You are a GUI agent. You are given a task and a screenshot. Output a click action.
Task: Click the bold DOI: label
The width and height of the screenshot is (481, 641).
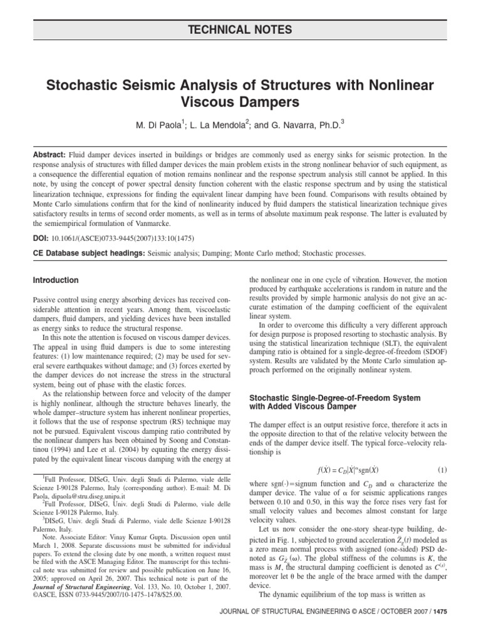pos(40,238)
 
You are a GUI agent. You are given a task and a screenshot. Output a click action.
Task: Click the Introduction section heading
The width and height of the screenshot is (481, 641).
pos(55,280)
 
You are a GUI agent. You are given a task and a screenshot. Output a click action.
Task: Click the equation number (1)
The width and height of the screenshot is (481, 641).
pos(442,469)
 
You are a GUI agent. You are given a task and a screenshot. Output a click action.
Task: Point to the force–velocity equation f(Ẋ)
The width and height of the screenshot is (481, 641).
pos(348,469)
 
